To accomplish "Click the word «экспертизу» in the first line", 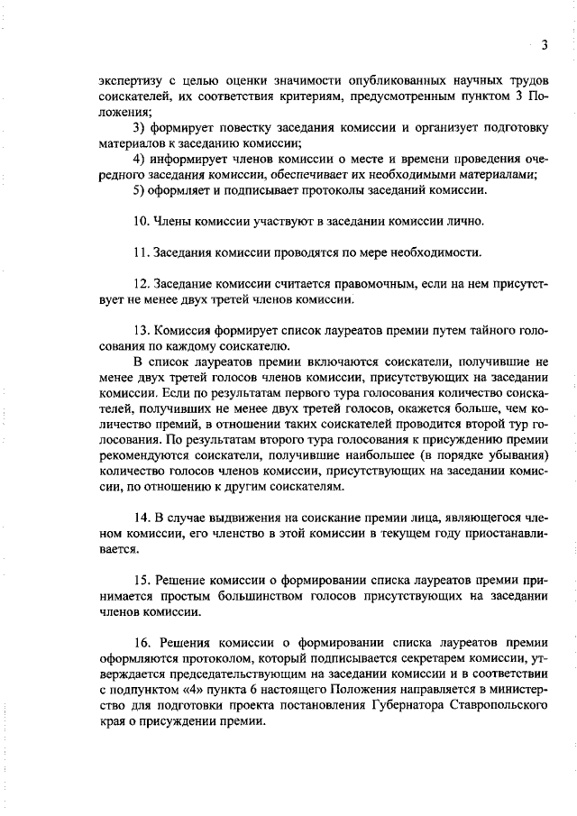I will [129, 82].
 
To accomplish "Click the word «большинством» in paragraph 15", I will [244, 595].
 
